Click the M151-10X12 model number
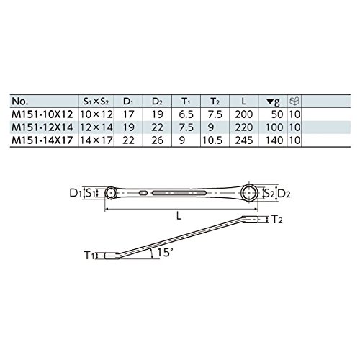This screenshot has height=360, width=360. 42,114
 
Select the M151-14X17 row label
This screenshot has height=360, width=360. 42,140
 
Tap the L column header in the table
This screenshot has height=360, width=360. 243,102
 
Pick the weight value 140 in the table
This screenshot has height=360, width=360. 274,140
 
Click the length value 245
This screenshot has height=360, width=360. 244,140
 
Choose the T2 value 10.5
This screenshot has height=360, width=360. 212,140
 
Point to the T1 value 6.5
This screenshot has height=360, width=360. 186,114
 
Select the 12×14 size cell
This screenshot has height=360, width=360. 96,127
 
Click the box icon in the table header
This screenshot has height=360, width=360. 294,101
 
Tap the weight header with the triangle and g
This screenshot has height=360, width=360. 273,102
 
